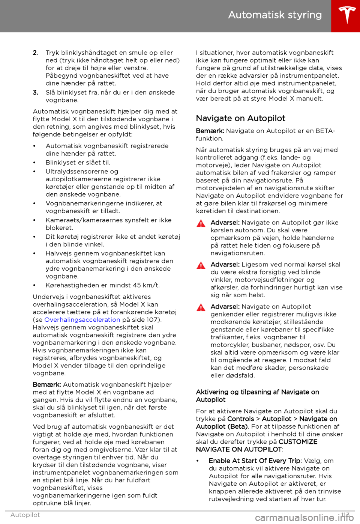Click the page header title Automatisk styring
click(x=275, y=15)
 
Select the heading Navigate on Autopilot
click(x=240, y=118)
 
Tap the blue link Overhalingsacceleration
click(x=82, y=320)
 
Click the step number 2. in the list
click(x=35, y=53)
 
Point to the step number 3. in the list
click(x=35, y=92)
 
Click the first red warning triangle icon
click(x=201, y=224)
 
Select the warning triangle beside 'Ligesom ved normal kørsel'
click(x=201, y=266)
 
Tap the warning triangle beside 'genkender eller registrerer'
click(x=201, y=308)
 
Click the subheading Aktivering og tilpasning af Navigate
click(x=257, y=392)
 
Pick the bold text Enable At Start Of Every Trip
click(x=254, y=461)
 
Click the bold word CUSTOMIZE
click(x=298, y=442)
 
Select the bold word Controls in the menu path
click(x=240, y=419)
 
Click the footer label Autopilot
click(x=25, y=515)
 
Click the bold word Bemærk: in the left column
click(x=47, y=385)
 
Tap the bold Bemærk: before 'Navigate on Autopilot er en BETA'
click(x=210, y=131)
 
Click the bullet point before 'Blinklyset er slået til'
click(x=34, y=163)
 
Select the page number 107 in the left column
click(x=153, y=320)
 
